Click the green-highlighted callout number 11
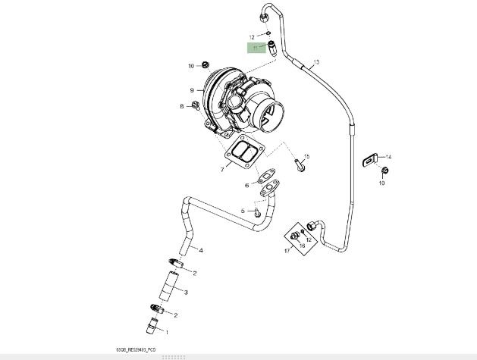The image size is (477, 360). [255, 48]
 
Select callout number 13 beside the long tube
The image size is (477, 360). [316, 61]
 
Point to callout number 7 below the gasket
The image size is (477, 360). [222, 169]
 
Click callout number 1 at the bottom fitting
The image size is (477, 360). [168, 331]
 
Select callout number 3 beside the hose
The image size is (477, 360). [186, 292]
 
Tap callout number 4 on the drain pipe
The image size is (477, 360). [201, 249]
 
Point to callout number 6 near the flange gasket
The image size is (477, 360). [246, 185]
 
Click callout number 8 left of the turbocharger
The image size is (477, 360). [182, 106]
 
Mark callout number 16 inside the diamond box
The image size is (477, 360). [302, 246]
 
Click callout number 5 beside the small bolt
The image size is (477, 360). [243, 211]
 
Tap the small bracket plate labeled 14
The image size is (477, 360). [372, 158]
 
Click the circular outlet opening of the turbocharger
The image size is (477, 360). [269, 117]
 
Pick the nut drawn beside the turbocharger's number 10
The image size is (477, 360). [193, 66]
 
